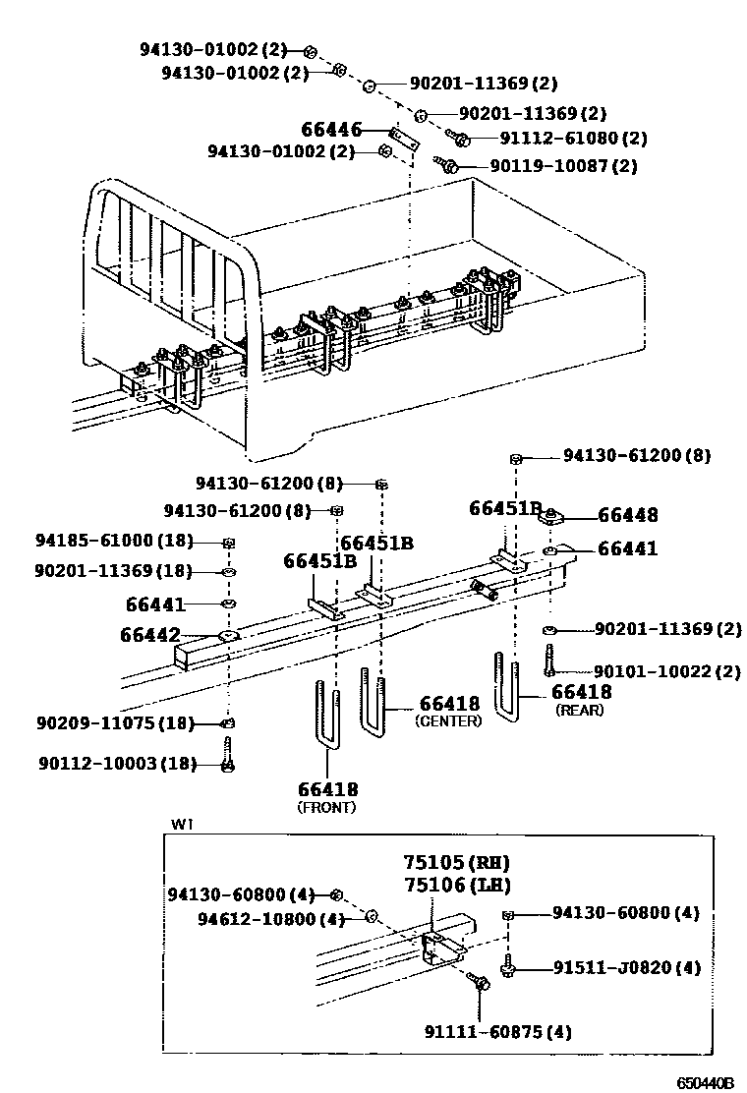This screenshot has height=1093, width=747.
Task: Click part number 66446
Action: (x=331, y=129)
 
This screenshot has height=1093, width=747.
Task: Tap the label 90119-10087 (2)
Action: (x=562, y=166)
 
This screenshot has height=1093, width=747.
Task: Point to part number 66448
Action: (x=627, y=515)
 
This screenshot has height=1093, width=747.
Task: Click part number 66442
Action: (x=150, y=635)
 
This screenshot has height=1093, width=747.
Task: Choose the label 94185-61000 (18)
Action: (x=114, y=542)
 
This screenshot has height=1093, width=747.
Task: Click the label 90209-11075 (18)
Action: (x=114, y=723)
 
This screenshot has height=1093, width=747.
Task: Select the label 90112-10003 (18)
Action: (x=118, y=763)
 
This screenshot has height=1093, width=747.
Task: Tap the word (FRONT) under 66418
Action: (x=326, y=807)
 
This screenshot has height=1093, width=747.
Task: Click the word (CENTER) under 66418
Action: (x=448, y=720)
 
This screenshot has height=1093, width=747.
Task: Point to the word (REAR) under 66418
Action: (x=580, y=710)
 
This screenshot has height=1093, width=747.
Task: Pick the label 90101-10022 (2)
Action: (x=653, y=671)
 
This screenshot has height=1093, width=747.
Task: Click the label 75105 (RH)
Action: (x=455, y=863)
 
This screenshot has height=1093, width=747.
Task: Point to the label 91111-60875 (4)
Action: (x=497, y=1031)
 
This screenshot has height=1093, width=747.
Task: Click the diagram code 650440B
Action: (x=705, y=1082)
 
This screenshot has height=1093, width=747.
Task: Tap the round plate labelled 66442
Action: (x=229, y=636)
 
